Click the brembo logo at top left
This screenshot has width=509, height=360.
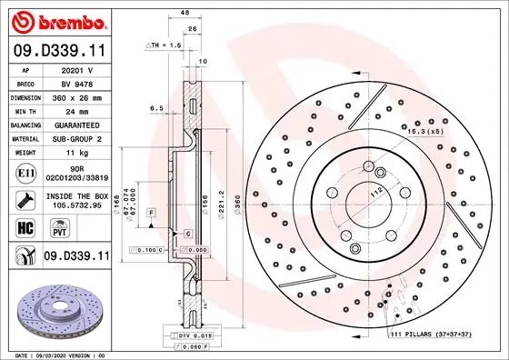pyautogui.click(x=61, y=21)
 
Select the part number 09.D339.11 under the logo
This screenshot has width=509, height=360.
pyautogui.click(x=60, y=52)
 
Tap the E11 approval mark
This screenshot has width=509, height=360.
pyautogui.click(x=26, y=173)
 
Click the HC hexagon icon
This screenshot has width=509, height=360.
pyautogui.click(x=25, y=227)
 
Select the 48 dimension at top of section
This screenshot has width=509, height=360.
pyautogui.click(x=184, y=14)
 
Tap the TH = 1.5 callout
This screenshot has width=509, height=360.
pyautogui.click(x=165, y=43)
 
